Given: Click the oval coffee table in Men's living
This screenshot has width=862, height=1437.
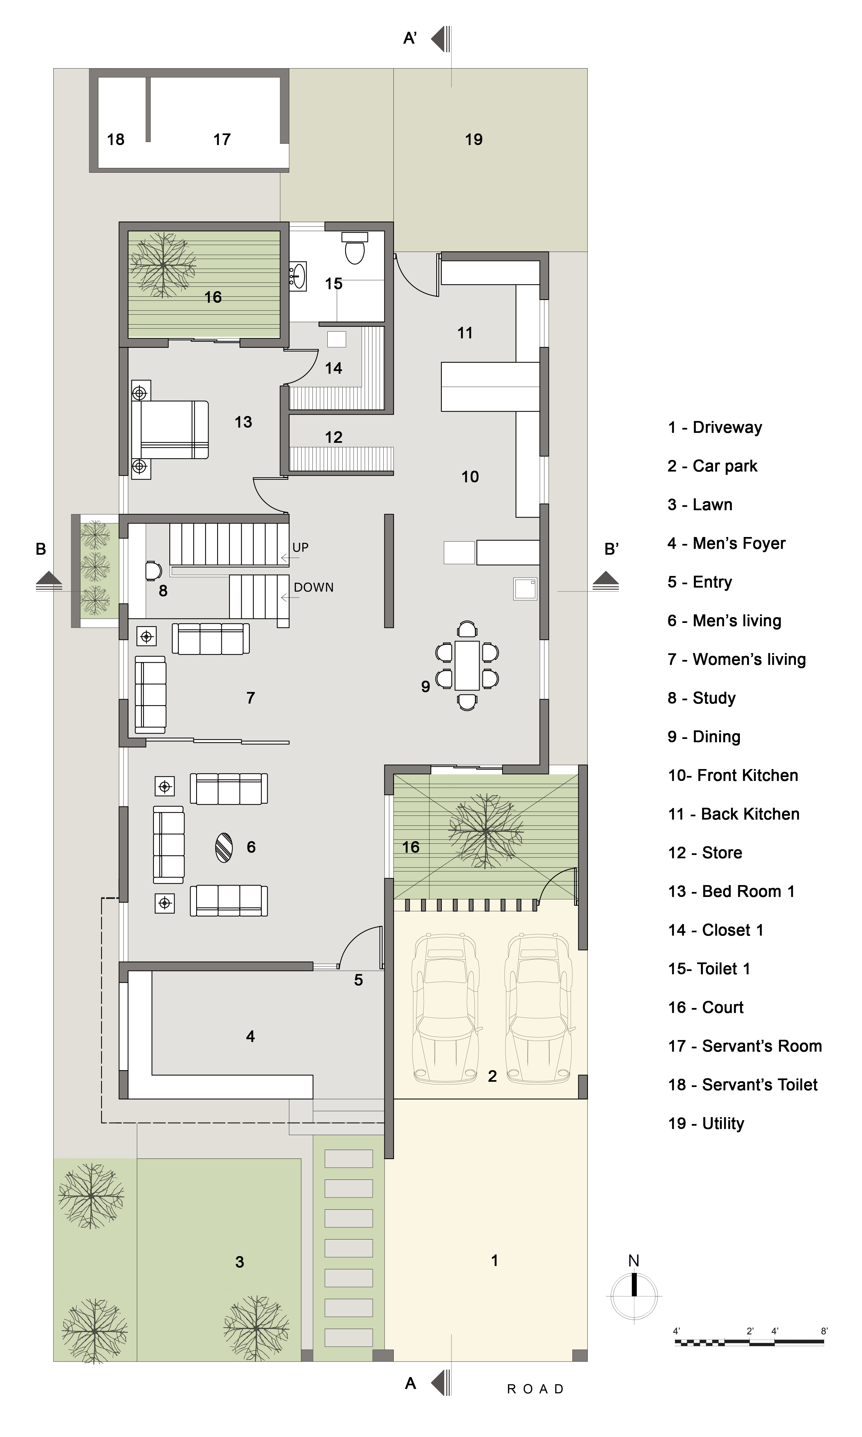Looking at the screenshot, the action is click(x=224, y=848).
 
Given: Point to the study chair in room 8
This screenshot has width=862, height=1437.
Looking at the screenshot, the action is click(x=153, y=571).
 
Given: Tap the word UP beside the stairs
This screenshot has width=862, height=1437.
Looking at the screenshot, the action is click(x=300, y=548).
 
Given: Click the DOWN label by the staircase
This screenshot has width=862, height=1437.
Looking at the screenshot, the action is click(x=314, y=588).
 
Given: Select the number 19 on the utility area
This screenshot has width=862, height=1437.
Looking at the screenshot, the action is click(x=474, y=139).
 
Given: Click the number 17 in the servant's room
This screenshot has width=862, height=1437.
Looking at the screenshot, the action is click(x=222, y=139).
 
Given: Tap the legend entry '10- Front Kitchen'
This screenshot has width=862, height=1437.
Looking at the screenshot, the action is click(x=733, y=776).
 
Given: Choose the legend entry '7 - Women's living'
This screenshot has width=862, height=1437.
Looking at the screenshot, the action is click(x=737, y=660).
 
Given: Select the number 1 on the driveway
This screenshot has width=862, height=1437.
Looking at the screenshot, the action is click(x=494, y=1260).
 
